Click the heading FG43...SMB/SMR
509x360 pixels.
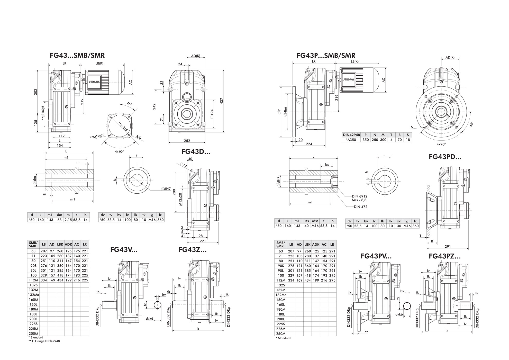click(x=77, y=56)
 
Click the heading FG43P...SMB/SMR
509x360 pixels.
click(x=326, y=56)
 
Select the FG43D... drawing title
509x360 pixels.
click(x=196, y=152)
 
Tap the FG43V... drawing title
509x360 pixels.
click(x=124, y=250)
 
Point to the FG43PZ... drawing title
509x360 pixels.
click(x=445, y=256)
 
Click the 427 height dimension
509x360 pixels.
click(x=222, y=101)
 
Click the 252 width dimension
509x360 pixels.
click(x=187, y=141)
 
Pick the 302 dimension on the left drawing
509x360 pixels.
click(x=36, y=92)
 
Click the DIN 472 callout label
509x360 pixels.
click(x=360, y=207)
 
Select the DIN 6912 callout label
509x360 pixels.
click(x=360, y=196)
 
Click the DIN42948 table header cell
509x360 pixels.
click(x=351, y=135)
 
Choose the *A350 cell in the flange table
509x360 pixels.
click(x=351, y=140)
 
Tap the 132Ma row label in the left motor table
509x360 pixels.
click(x=34, y=295)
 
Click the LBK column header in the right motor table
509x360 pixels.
click(x=307, y=245)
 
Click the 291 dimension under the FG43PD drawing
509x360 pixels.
click(x=448, y=246)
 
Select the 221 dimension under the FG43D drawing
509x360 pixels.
click(x=203, y=241)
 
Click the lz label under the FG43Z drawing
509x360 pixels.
click(x=198, y=329)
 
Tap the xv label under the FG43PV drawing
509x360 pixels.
click(x=366, y=332)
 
